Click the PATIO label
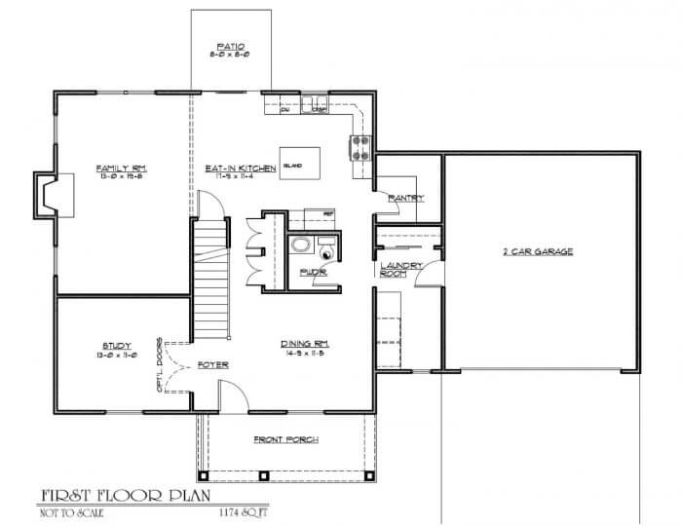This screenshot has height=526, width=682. (230, 46)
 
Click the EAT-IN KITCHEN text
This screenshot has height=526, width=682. (233, 169)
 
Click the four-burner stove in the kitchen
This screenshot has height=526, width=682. (359, 146)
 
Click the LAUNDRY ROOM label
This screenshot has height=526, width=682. (394, 269)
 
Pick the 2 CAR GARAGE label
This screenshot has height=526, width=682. (537, 251)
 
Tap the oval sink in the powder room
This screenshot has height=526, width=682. (302, 244)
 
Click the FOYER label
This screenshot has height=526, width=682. (212, 365)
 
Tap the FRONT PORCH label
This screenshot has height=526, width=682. (285, 439)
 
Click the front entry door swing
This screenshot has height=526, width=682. (231, 393)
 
